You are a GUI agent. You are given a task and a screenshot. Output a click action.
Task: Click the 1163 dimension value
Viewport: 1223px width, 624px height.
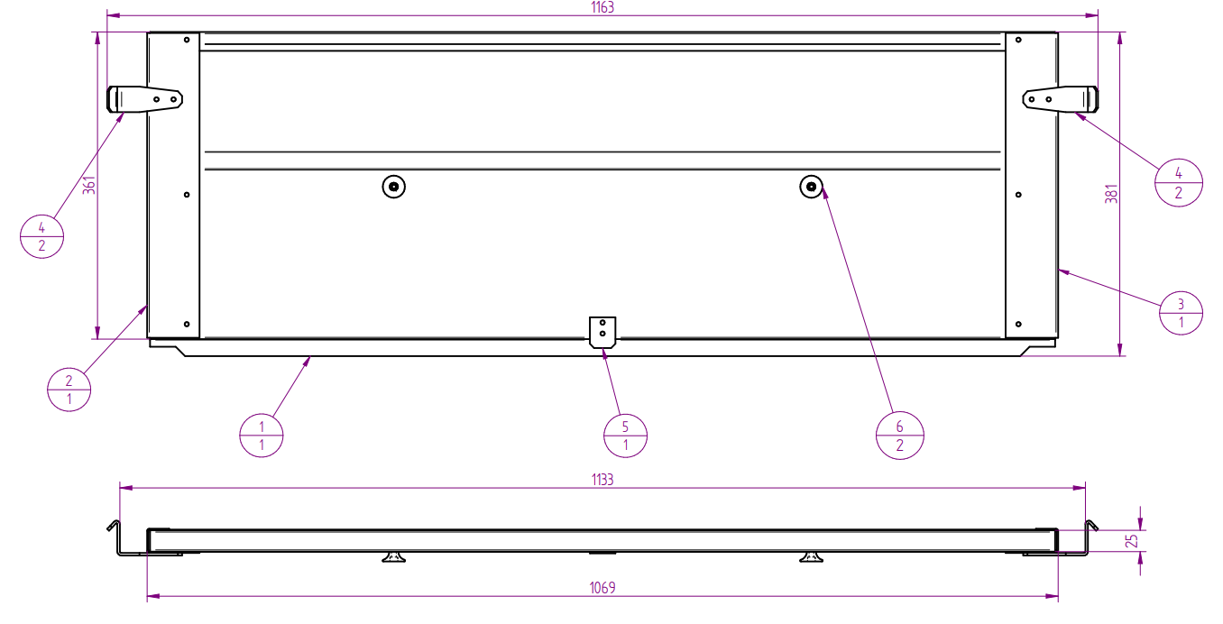[x=602, y=7]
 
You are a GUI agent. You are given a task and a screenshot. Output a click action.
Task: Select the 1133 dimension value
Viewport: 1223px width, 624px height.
[x=602, y=480]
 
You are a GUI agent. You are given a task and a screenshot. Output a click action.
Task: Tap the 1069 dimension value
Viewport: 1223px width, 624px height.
[x=602, y=588]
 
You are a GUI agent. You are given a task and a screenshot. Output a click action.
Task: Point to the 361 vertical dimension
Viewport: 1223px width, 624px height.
[x=88, y=185]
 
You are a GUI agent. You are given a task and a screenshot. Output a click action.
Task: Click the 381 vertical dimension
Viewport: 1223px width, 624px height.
[x=1111, y=193]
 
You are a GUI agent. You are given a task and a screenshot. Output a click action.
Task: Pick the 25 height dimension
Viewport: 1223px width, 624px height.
[x=1133, y=540]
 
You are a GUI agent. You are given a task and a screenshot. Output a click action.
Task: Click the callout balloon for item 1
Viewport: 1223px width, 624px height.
[x=262, y=435]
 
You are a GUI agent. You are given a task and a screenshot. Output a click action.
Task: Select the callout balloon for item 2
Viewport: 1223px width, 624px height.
[x=69, y=390]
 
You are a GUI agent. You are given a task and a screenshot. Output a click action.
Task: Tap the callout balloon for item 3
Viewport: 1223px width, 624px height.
[x=1181, y=313]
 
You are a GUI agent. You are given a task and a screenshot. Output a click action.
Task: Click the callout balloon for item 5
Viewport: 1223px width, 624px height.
[x=625, y=436]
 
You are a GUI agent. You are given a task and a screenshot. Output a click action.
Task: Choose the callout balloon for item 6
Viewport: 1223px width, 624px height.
[x=899, y=436]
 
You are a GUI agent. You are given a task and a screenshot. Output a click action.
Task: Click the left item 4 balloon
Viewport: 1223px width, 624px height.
[x=41, y=237]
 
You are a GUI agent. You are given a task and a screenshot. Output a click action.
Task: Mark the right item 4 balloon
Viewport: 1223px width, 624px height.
[x=1178, y=183]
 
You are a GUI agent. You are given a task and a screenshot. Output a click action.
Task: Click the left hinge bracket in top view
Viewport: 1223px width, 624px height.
[x=145, y=99]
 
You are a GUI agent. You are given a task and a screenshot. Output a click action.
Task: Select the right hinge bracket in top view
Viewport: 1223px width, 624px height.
[x=1061, y=99]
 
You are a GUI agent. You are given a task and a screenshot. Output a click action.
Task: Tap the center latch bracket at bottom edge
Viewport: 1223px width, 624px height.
[x=602, y=331]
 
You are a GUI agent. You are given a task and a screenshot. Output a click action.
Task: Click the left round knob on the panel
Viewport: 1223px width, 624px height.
[x=393, y=187]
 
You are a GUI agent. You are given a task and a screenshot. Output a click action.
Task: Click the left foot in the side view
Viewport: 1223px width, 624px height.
[x=393, y=557]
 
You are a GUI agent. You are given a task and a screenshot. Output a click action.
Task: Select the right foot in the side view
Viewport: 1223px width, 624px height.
[x=812, y=557]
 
